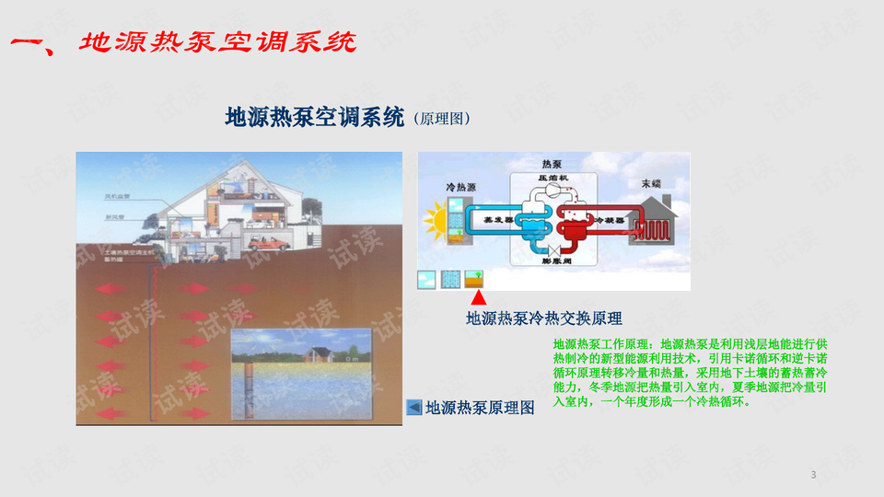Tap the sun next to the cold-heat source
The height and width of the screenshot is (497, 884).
pos(434,221)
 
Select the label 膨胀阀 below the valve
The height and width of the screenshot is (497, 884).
pos(554,261)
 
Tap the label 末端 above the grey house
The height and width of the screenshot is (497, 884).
pos(651,183)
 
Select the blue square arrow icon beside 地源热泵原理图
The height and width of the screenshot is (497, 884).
pos(414,407)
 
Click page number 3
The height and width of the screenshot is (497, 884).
pos(813,475)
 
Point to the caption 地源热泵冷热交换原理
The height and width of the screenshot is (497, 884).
pos(543,319)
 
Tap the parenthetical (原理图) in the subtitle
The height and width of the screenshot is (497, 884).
pos(442,119)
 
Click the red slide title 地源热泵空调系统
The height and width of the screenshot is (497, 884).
pos(217,42)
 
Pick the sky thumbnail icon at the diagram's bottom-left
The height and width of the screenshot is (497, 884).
pos(427,279)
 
